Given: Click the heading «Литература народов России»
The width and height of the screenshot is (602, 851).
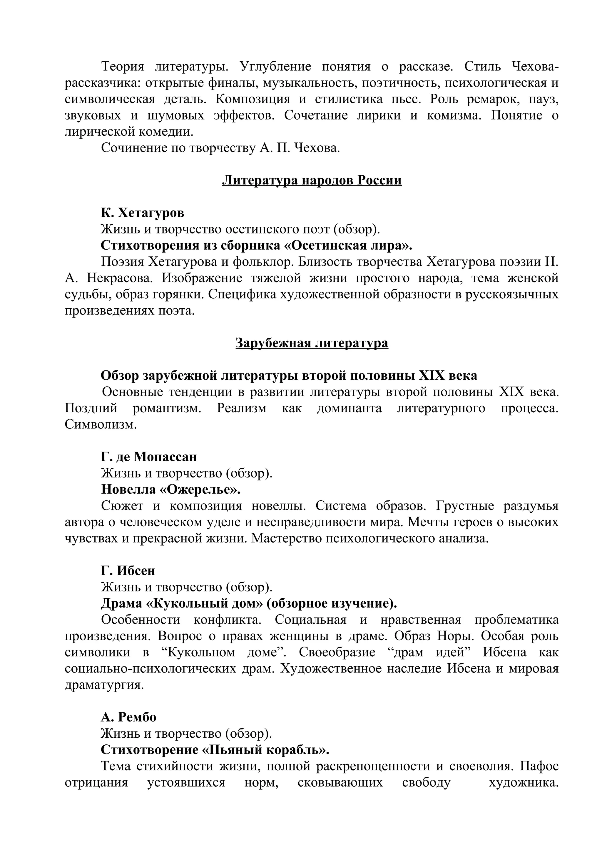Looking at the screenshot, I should (x=312, y=181).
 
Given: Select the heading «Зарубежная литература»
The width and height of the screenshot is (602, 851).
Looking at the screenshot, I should (x=312, y=343).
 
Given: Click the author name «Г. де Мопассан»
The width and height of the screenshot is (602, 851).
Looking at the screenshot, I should (x=149, y=457).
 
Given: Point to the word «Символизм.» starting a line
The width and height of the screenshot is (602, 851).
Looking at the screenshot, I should (x=101, y=424).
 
